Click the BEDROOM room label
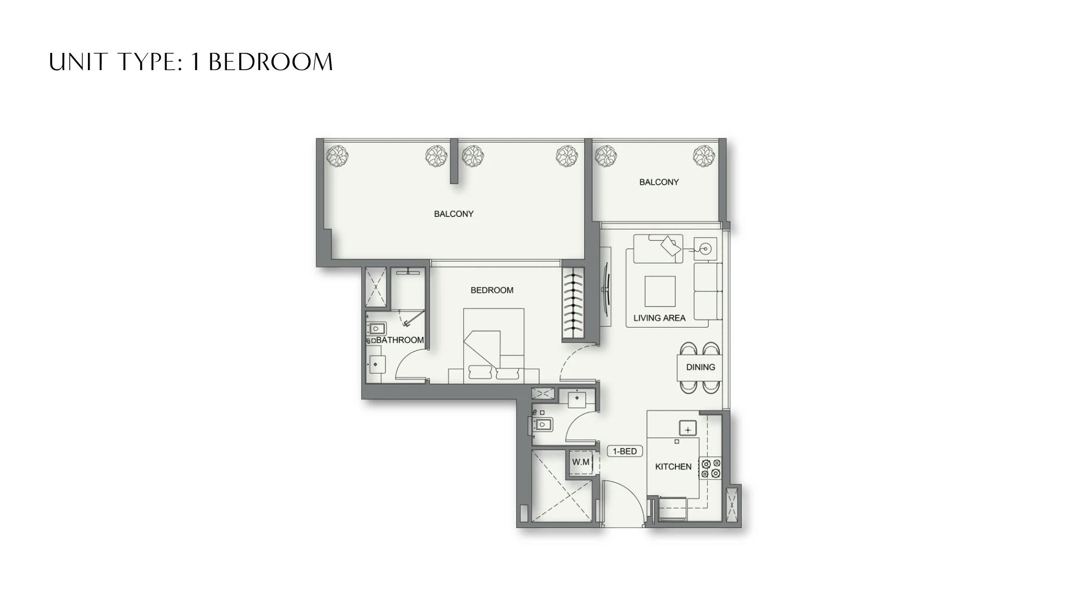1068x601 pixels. pyautogui.click(x=492, y=290)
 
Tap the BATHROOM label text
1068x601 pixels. pyautogui.click(x=399, y=340)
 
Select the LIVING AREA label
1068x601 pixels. pyautogui.click(x=659, y=318)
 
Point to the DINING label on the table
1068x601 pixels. pyautogui.click(x=700, y=367)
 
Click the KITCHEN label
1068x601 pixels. pyautogui.click(x=673, y=467)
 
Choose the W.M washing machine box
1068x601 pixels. pyautogui.click(x=581, y=462)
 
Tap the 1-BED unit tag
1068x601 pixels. pyautogui.click(x=625, y=451)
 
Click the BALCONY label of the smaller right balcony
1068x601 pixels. pyautogui.click(x=659, y=182)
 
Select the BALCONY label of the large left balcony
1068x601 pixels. pyautogui.click(x=453, y=214)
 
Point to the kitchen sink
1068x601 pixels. pyautogui.click(x=688, y=429)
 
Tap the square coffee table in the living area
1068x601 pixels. pyautogui.click(x=660, y=292)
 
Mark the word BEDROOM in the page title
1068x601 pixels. pyautogui.click(x=270, y=62)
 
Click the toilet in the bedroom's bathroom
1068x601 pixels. pyautogui.click(x=377, y=329)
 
